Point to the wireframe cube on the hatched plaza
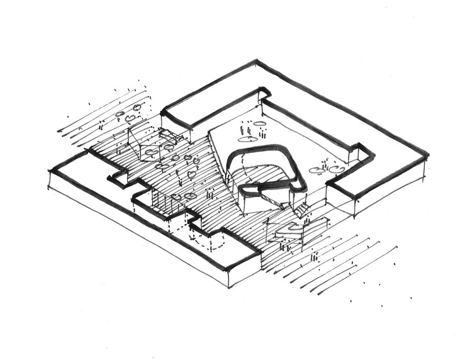tap(143, 143)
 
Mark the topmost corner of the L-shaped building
tap(256, 61)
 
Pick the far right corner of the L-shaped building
tap(427, 155)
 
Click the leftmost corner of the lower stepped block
tap(49, 170)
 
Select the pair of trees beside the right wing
tap(327, 169)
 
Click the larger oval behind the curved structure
tap(248, 139)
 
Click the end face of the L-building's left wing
tap(176, 122)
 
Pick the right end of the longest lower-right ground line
tap(397, 247)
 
